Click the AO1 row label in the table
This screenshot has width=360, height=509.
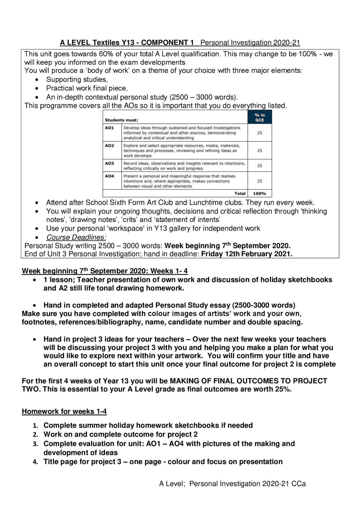109,128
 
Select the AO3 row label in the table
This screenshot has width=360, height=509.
109,163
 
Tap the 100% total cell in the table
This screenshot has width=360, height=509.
259,193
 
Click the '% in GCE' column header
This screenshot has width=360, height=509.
259,117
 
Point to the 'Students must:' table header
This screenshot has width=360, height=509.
121,120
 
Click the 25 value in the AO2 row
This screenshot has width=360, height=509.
259,151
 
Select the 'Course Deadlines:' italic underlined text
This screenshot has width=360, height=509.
76,237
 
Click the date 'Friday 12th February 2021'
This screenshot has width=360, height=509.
246,254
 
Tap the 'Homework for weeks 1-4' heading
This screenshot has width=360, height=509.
64,411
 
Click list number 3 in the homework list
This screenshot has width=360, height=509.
35,444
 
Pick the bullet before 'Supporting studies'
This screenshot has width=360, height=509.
37,80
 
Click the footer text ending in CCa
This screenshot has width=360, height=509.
232,484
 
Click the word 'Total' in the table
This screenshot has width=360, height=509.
240,193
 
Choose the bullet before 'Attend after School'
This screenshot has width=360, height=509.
37,203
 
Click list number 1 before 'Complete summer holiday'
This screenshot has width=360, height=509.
35,426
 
